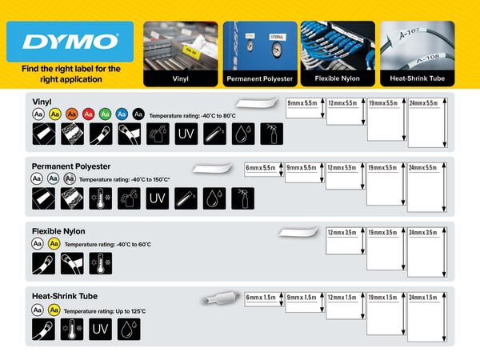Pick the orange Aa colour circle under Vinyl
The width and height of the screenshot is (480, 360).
71,115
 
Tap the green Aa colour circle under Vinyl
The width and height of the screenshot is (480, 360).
105,115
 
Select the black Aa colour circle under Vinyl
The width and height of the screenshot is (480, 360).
138,115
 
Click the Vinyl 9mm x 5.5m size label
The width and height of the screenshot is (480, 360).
303,105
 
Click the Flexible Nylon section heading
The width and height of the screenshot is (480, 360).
60,230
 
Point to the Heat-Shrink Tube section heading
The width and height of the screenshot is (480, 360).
66,295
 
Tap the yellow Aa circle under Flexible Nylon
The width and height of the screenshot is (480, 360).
54,243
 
